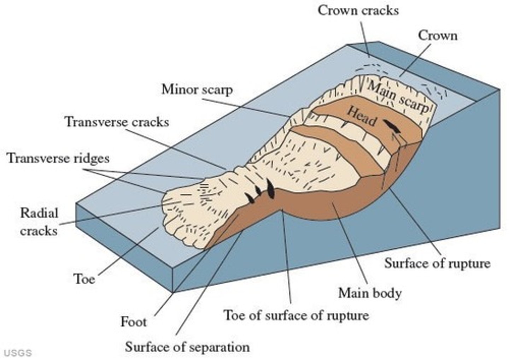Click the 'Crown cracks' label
(x=358, y=10)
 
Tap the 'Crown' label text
(x=437, y=35)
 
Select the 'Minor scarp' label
(x=197, y=89)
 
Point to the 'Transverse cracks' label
(x=117, y=122)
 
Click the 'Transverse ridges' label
(x=58, y=158)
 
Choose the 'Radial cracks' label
(x=39, y=222)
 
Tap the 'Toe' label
(x=84, y=279)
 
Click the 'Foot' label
(x=133, y=322)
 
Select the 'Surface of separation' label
(x=187, y=347)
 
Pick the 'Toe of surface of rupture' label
(x=296, y=315)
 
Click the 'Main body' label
(x=370, y=293)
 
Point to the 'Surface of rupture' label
(x=437, y=263)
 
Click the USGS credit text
(x=18, y=353)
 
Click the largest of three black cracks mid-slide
(x=270, y=189)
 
